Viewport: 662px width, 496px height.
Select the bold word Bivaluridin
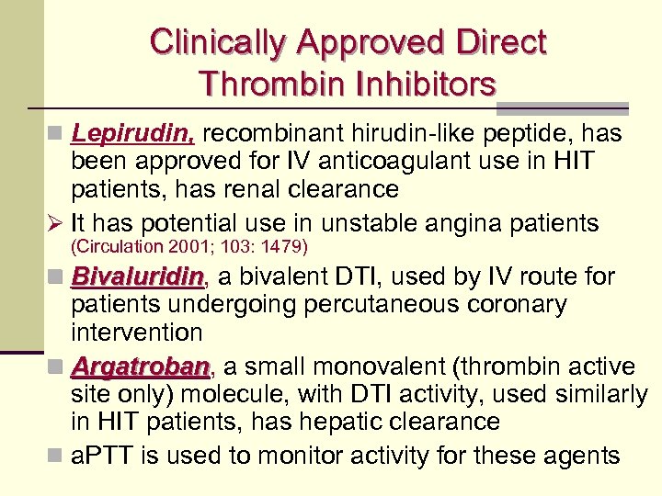click(x=138, y=276)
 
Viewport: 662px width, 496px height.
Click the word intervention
click(x=137, y=332)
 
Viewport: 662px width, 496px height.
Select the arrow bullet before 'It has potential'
click(x=57, y=223)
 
